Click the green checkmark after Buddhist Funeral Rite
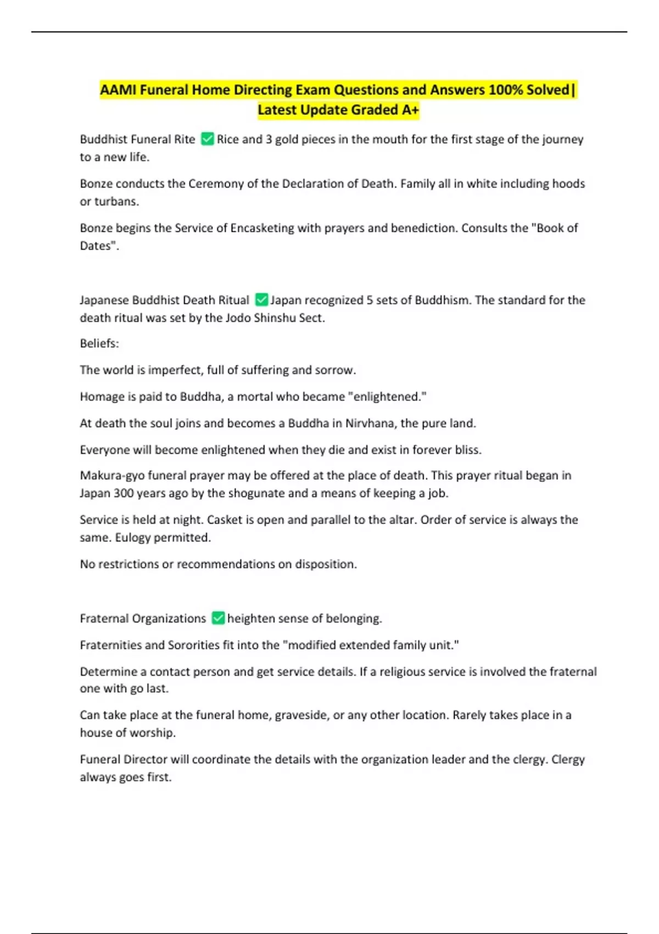(x=207, y=139)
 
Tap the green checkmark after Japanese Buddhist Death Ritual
(x=261, y=300)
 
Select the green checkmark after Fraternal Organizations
(x=218, y=618)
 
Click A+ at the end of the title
(x=410, y=110)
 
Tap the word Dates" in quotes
(x=99, y=246)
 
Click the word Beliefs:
(x=99, y=343)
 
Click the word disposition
(x=326, y=564)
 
